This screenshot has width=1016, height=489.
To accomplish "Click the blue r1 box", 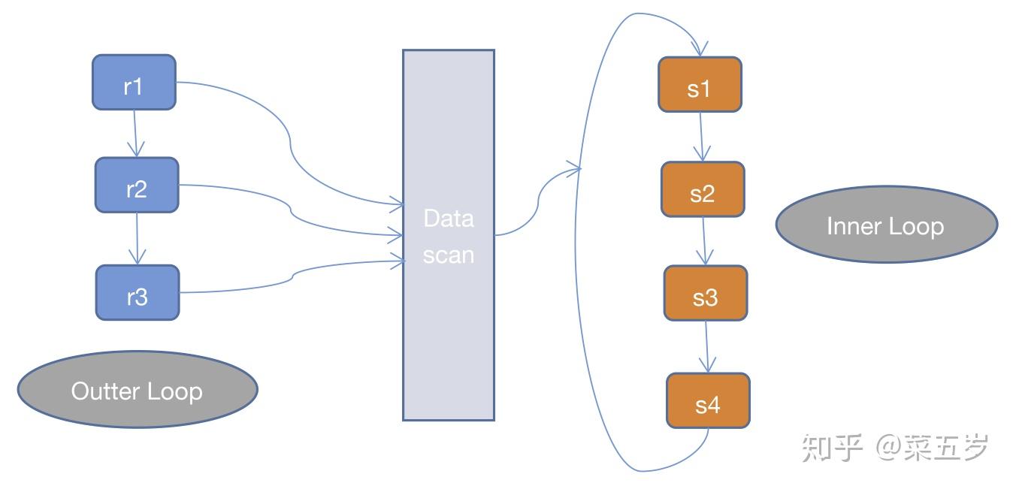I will point(134,82).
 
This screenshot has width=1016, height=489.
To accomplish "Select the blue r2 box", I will point(137,185).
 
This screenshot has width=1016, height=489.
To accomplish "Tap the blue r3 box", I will point(138,292).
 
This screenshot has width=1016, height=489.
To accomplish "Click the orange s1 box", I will point(700,85).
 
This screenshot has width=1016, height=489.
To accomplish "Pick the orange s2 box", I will point(703,189).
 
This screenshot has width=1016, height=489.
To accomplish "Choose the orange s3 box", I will point(705,293).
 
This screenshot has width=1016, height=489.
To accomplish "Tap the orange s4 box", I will point(708,400).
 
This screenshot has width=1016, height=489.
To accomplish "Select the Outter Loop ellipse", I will point(138,389).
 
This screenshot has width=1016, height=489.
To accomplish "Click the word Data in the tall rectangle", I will point(449,219).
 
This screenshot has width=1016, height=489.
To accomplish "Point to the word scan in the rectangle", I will point(449,255).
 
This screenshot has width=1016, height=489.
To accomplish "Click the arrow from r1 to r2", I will point(135,134).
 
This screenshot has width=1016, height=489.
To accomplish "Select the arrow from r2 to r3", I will point(137,238).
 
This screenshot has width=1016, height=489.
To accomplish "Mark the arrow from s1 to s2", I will point(701,137).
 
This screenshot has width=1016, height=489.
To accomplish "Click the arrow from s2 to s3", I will point(704,241).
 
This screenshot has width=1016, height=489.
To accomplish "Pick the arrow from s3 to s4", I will point(706,346).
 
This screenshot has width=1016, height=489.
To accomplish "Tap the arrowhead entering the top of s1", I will point(699,50).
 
